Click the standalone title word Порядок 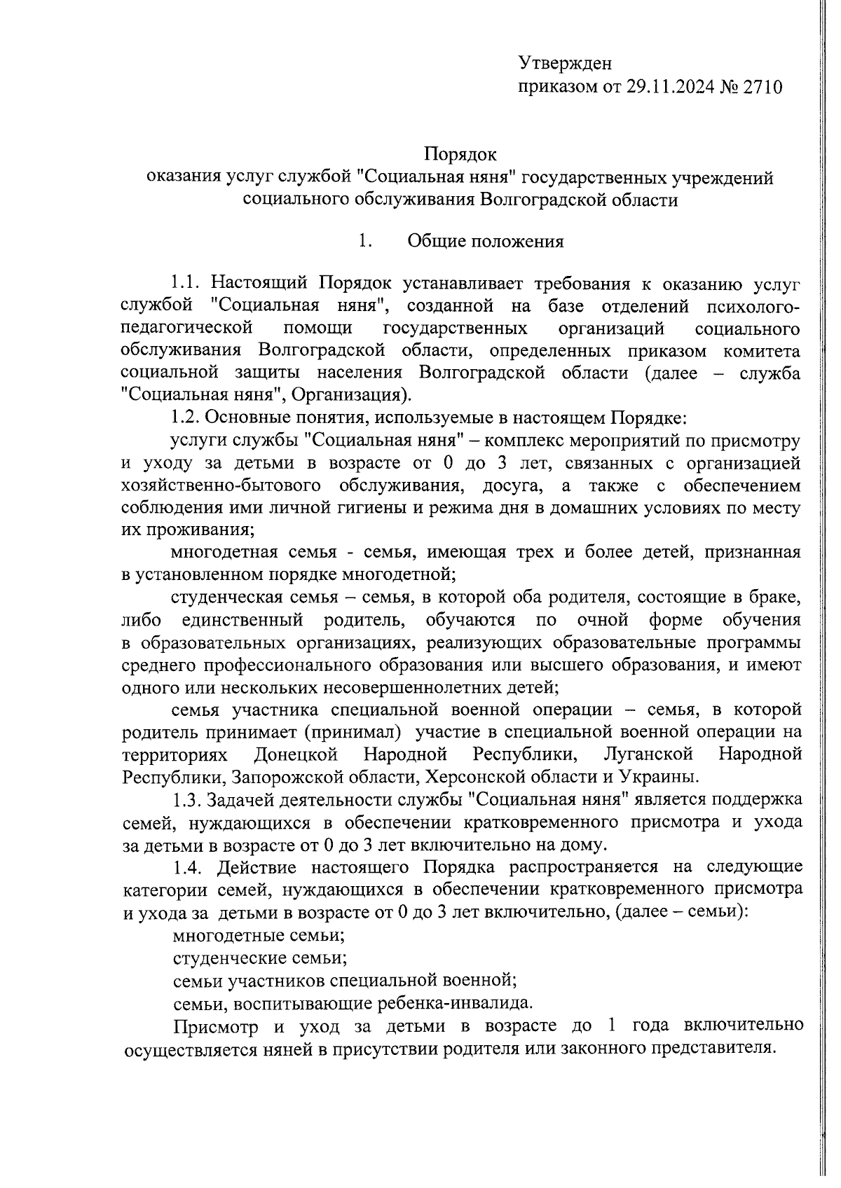coord(460,153)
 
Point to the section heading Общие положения coord(486,242)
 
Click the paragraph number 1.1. coord(186,284)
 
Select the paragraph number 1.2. coord(186,418)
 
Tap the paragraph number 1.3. coord(186,800)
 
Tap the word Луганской coord(648,754)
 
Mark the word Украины coord(659,777)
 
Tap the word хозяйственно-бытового coord(221,485)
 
